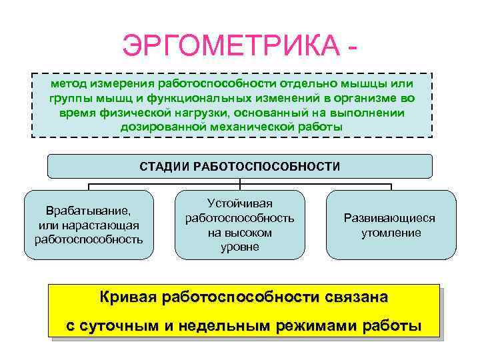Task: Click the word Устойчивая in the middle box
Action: click(x=239, y=203)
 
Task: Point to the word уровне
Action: click(x=239, y=247)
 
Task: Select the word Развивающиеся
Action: click(x=391, y=219)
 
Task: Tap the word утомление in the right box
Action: click(x=391, y=233)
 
